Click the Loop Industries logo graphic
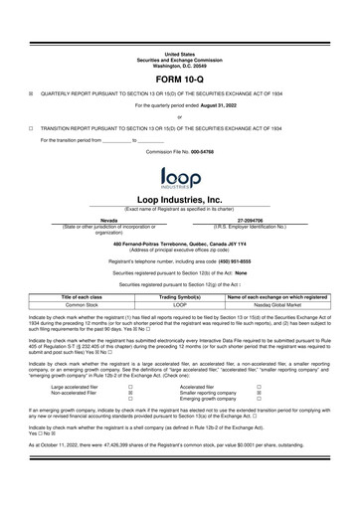(x=180, y=179)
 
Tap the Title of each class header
(x=89, y=297)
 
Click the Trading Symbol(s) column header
(x=180, y=297)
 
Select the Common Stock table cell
(x=89, y=305)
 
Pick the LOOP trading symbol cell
(x=180, y=305)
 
